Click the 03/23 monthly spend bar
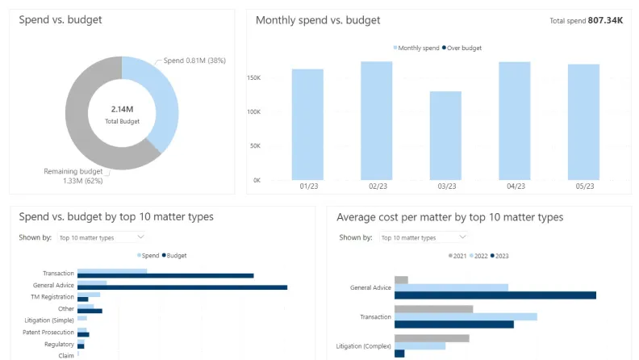tap(445, 136)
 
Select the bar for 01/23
tap(307, 124)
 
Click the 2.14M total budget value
tap(122, 109)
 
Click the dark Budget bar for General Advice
tap(182, 287)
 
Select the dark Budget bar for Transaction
tap(165, 275)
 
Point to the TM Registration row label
tap(52, 297)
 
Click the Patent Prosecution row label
tap(48, 333)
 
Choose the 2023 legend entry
tap(499, 256)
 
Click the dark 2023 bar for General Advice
tap(495, 295)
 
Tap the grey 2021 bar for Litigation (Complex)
tap(432, 338)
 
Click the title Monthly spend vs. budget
tap(318, 20)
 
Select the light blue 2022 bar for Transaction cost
tap(466, 316)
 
